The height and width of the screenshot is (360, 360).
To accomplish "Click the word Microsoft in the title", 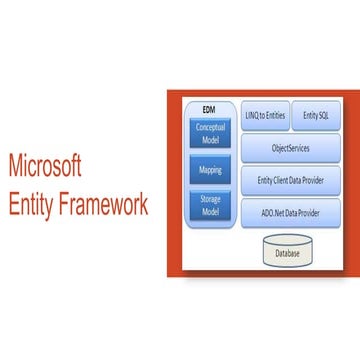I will pos(45,166).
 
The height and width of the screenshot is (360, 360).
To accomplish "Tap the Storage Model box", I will pos(209,207).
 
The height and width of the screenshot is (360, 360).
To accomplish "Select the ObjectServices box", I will pos(291,148).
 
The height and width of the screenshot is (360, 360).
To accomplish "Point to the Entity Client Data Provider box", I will pos(291,180).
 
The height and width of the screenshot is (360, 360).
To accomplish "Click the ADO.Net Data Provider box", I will pos(291,212).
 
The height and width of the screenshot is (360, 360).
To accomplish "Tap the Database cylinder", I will pos(288,252).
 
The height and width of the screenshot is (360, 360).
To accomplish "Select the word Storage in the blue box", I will pos(209,202).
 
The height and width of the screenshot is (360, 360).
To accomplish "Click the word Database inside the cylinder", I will pos(288,254).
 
